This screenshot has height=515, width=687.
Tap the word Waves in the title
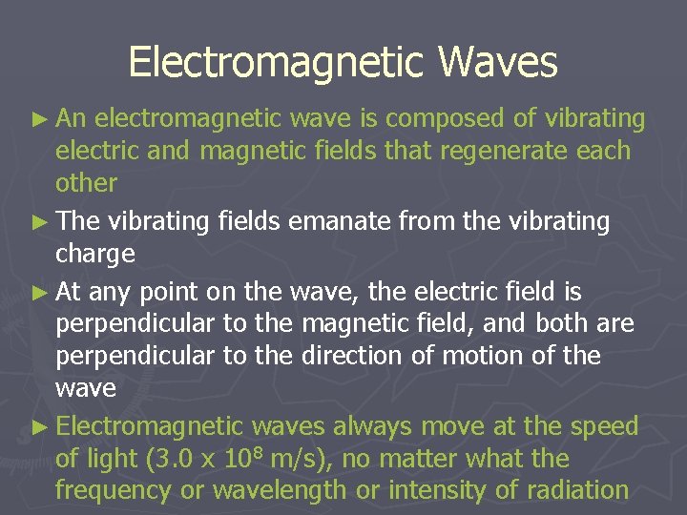point(498,63)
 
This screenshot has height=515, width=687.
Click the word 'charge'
point(94,255)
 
